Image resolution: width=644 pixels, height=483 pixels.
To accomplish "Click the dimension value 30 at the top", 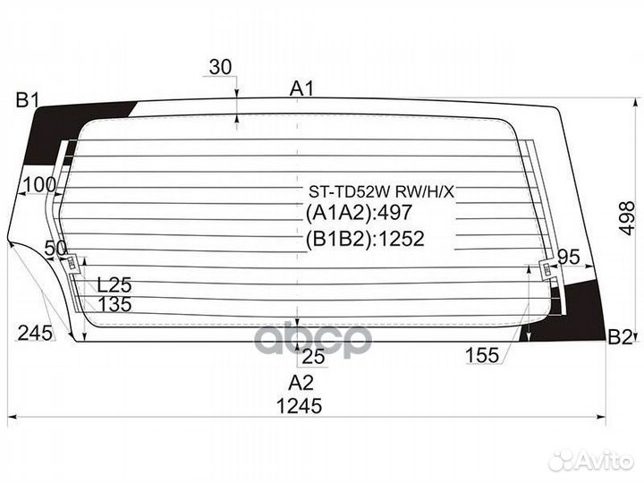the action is point(221,67).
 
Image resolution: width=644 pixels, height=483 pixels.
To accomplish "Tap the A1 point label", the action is point(302,89).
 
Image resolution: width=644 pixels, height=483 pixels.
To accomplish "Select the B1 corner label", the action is point(27,100).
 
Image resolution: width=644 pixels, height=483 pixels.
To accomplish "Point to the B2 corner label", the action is point(619,337).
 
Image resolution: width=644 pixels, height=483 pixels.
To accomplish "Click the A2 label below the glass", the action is point(301,383).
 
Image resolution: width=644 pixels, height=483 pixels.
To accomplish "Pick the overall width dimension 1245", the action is point(299,406).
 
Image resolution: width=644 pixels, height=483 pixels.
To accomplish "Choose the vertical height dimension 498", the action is point(627,218).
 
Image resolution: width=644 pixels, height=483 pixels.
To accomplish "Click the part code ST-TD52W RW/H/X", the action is point(382,191).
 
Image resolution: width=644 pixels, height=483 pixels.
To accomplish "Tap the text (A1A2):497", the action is point(359,212).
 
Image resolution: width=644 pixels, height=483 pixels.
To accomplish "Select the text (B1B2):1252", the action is point(365,239).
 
